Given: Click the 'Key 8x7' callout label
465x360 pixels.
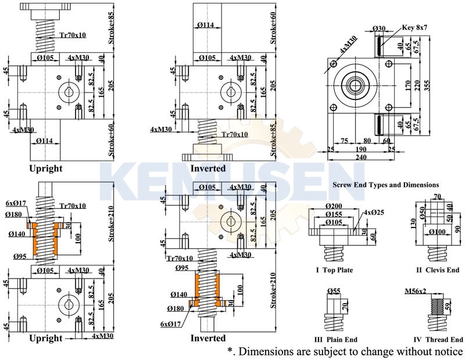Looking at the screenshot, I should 415,27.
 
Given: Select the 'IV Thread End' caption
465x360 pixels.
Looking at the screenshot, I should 437,340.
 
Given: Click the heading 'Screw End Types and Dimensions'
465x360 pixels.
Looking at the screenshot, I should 385,185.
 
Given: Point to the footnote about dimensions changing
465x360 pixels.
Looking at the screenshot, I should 345,352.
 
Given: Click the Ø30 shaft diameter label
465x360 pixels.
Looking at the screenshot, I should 379,28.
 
